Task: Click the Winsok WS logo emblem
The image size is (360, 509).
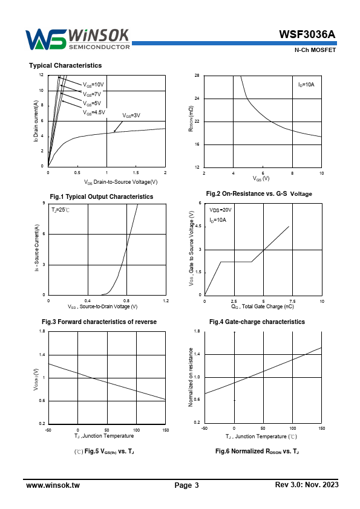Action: pos(46,40)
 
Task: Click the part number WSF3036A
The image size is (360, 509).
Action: pos(307,34)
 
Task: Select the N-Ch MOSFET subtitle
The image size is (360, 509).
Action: pos(315,50)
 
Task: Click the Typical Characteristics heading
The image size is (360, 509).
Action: pos(65,65)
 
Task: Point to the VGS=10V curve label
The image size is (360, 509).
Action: pos(93,85)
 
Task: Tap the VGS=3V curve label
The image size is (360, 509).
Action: pos(131,115)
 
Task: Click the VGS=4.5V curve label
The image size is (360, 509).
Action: pos(94,112)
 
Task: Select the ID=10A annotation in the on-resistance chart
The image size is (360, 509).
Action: pos(306,85)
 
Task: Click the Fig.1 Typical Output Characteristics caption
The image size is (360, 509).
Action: pos(102,196)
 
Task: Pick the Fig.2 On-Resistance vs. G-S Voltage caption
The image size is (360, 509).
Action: pos(259,194)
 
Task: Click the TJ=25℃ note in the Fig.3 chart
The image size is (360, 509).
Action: pos(61,210)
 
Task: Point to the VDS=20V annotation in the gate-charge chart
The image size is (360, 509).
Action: pos(220,210)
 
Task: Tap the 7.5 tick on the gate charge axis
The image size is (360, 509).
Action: pos(292,301)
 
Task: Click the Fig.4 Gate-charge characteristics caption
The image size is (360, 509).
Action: pos(257,322)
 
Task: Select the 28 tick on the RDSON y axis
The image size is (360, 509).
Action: pos(197,76)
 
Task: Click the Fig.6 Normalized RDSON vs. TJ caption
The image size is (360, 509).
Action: pos(257,451)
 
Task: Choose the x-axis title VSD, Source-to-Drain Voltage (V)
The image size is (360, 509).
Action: pos(103,306)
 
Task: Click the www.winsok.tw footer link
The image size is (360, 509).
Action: pos(53,485)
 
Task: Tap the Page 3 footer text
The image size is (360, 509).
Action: pos(186,485)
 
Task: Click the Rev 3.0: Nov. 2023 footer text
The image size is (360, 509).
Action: pos(307,485)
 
